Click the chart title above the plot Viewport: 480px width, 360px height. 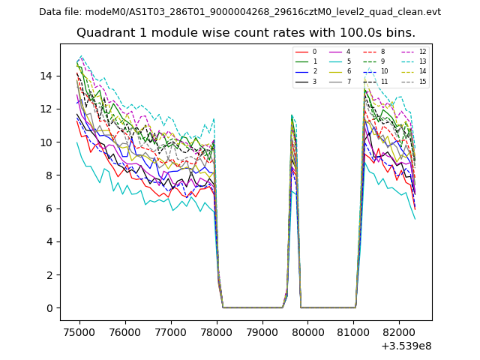pos(246,33)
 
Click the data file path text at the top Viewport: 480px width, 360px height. pos(240,12)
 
